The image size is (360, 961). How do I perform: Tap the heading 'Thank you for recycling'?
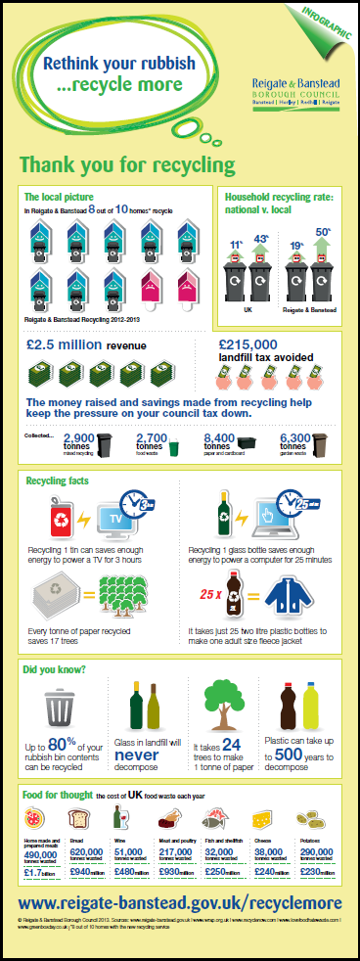[127, 161]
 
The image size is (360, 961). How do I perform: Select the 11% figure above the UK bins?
[235, 242]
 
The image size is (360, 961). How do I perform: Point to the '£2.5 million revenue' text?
[87, 344]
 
